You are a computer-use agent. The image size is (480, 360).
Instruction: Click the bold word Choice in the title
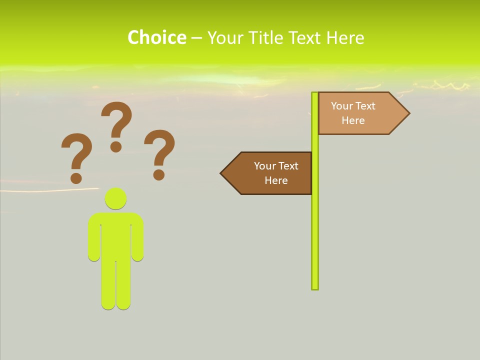coord(156,37)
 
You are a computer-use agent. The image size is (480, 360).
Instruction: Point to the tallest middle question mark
coord(116,120)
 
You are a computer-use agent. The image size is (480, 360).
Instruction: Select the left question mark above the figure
coord(76,152)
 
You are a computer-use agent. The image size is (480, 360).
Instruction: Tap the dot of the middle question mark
coord(116,146)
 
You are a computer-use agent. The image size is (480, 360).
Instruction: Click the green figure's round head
coord(115,198)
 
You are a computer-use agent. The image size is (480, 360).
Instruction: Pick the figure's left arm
coord(94,240)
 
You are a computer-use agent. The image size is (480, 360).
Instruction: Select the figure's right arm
coord(137,240)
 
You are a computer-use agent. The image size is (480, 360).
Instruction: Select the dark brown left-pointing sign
coord(270,173)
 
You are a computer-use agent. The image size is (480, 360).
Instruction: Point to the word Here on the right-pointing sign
coord(353,120)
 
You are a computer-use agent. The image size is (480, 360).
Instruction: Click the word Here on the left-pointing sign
coord(276,180)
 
